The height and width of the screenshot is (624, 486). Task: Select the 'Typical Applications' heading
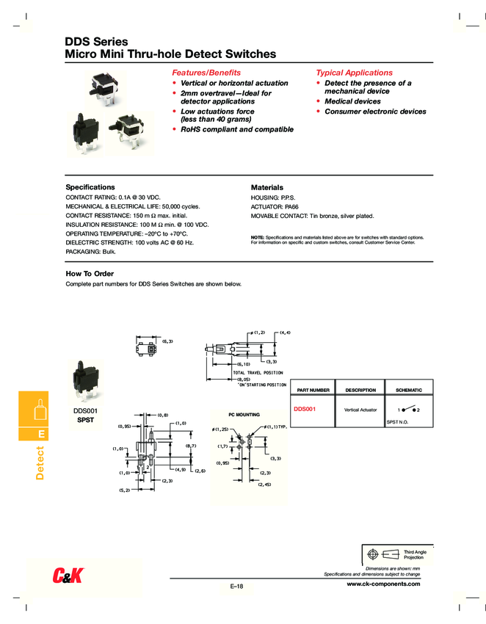coord(354,73)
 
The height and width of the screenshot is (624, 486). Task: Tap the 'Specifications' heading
coord(90,187)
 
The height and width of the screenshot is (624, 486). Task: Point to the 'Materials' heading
coord(266,188)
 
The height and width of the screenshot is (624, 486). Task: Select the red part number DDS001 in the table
coord(304,408)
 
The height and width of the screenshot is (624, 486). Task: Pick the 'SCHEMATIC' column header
coord(409,390)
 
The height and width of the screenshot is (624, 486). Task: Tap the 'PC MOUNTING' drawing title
coord(244,415)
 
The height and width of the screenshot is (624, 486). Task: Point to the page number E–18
coord(236,586)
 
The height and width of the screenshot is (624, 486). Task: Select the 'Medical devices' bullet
coord(352,101)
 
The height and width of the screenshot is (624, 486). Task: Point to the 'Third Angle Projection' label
coord(415,554)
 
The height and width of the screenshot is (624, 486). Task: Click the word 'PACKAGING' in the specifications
coord(83,251)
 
